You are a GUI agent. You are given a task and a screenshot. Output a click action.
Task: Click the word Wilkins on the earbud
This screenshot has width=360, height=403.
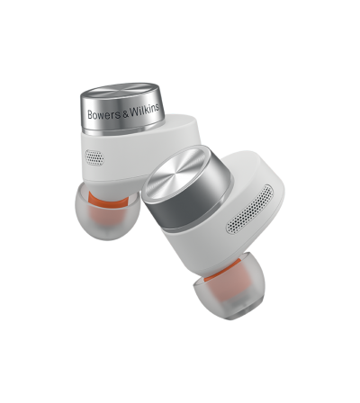(144, 110)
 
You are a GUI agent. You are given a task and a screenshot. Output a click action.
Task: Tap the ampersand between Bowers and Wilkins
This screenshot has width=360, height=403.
(125, 112)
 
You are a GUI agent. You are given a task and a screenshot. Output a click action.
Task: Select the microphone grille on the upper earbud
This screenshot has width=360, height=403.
(94, 155)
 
